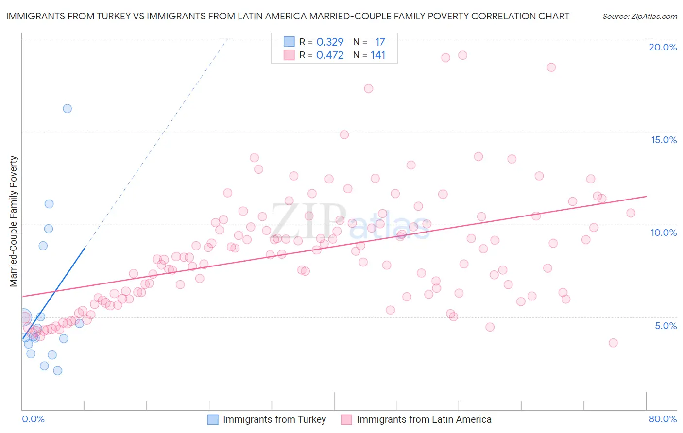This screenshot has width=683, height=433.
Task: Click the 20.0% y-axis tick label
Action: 663,47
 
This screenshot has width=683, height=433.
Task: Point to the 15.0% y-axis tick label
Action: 664,140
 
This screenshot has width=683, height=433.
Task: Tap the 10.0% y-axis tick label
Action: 664,233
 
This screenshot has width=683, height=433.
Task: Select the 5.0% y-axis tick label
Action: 666,326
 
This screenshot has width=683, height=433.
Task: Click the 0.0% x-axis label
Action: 33,419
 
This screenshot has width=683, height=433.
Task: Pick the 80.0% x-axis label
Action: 663,419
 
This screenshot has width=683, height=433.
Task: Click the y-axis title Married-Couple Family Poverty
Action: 14,221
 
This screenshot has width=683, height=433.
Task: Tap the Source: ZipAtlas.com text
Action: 640,17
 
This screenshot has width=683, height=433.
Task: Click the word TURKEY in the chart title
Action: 112,16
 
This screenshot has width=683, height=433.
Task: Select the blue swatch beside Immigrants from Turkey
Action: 213,419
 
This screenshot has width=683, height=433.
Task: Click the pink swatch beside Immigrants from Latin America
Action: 346,419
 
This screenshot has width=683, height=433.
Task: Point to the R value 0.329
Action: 330,42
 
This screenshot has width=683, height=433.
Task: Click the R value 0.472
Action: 330,55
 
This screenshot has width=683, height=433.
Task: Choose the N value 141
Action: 378,55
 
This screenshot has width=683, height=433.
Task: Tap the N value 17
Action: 380,42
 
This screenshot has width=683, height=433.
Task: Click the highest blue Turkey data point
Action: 68,109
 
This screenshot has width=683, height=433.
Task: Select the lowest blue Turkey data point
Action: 57,371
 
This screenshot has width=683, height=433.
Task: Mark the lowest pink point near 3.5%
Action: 613,343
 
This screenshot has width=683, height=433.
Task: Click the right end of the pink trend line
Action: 647,196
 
